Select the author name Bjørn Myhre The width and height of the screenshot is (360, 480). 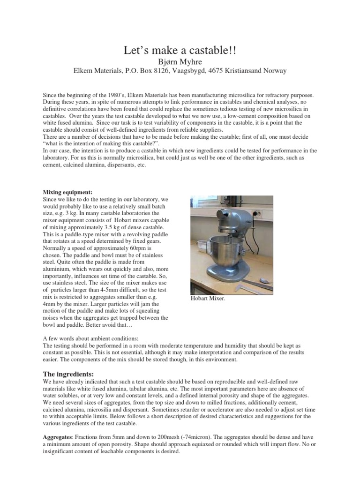(180, 61)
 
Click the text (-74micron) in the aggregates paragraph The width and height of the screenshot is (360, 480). (187, 436)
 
